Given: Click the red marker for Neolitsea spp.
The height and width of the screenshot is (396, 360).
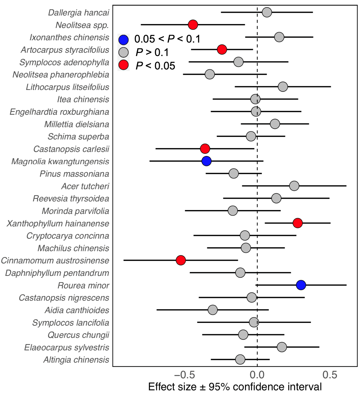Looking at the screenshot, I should tap(193, 25).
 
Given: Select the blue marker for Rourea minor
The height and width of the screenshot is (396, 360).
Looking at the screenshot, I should tap(301, 285).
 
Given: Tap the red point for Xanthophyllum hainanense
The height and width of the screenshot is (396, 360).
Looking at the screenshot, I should tap(298, 223).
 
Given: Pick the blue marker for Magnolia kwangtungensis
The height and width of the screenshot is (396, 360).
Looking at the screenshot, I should tap(206, 161).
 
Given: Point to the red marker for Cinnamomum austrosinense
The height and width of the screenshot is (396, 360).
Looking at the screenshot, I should tap(181, 260).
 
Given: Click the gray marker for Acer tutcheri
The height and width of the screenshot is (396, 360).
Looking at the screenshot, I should tap(294, 186).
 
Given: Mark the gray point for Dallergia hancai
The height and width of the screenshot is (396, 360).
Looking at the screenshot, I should tap(267, 12).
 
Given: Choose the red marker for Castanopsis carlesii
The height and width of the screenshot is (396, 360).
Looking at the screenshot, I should tap(205, 149).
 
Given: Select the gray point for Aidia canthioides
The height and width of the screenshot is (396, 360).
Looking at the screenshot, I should tap(213, 310).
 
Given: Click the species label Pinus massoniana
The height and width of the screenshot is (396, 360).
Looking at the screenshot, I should tap(74, 174).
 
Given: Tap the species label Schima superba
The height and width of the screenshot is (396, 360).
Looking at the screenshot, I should tap(78, 137).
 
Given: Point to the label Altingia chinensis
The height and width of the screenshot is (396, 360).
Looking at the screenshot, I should tap(76, 360).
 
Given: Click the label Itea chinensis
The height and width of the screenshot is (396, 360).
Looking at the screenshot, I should tap(83, 99).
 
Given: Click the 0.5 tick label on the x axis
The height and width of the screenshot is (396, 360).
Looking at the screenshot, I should tap(330, 375).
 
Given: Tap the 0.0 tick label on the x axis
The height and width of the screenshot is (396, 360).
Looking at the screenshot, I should tap(257, 375).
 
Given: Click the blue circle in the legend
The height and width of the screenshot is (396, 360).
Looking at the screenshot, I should tap(123, 39).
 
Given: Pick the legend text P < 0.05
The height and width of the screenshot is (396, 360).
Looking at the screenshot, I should tap(155, 66).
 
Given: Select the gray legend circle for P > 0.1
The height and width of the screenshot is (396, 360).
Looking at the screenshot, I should tap(123, 52).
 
